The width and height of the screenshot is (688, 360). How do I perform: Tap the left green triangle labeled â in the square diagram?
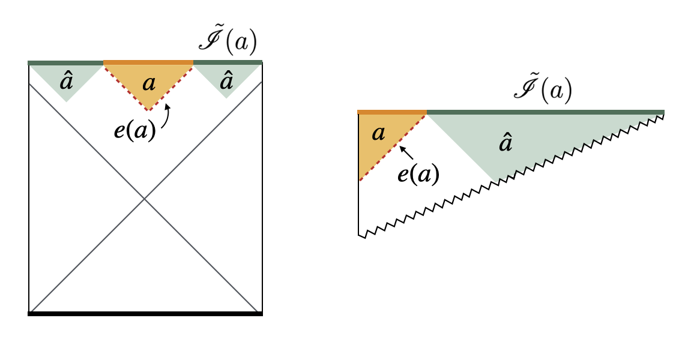(66, 80)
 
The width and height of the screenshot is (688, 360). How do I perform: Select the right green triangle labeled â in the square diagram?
(226, 80)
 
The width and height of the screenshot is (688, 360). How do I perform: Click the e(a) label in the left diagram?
(135, 131)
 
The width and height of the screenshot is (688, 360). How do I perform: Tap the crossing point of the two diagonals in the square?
(144, 199)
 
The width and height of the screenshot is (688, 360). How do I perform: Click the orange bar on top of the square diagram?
(148, 62)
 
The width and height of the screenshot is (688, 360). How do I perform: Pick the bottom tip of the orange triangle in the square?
(148, 110)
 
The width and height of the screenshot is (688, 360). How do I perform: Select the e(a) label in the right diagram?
(418, 174)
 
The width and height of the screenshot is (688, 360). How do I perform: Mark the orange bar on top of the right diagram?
(391, 112)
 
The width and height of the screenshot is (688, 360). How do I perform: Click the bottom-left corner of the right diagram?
(359, 235)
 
